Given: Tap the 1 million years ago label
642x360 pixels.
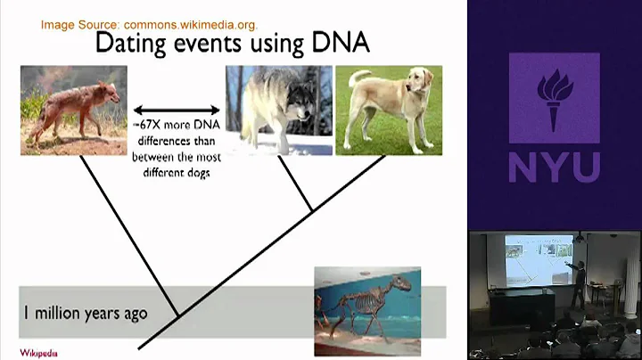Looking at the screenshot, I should (x=86, y=314).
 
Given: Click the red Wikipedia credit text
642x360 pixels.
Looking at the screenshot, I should (x=39, y=352).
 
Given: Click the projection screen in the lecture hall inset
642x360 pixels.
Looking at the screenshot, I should (x=532, y=259).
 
